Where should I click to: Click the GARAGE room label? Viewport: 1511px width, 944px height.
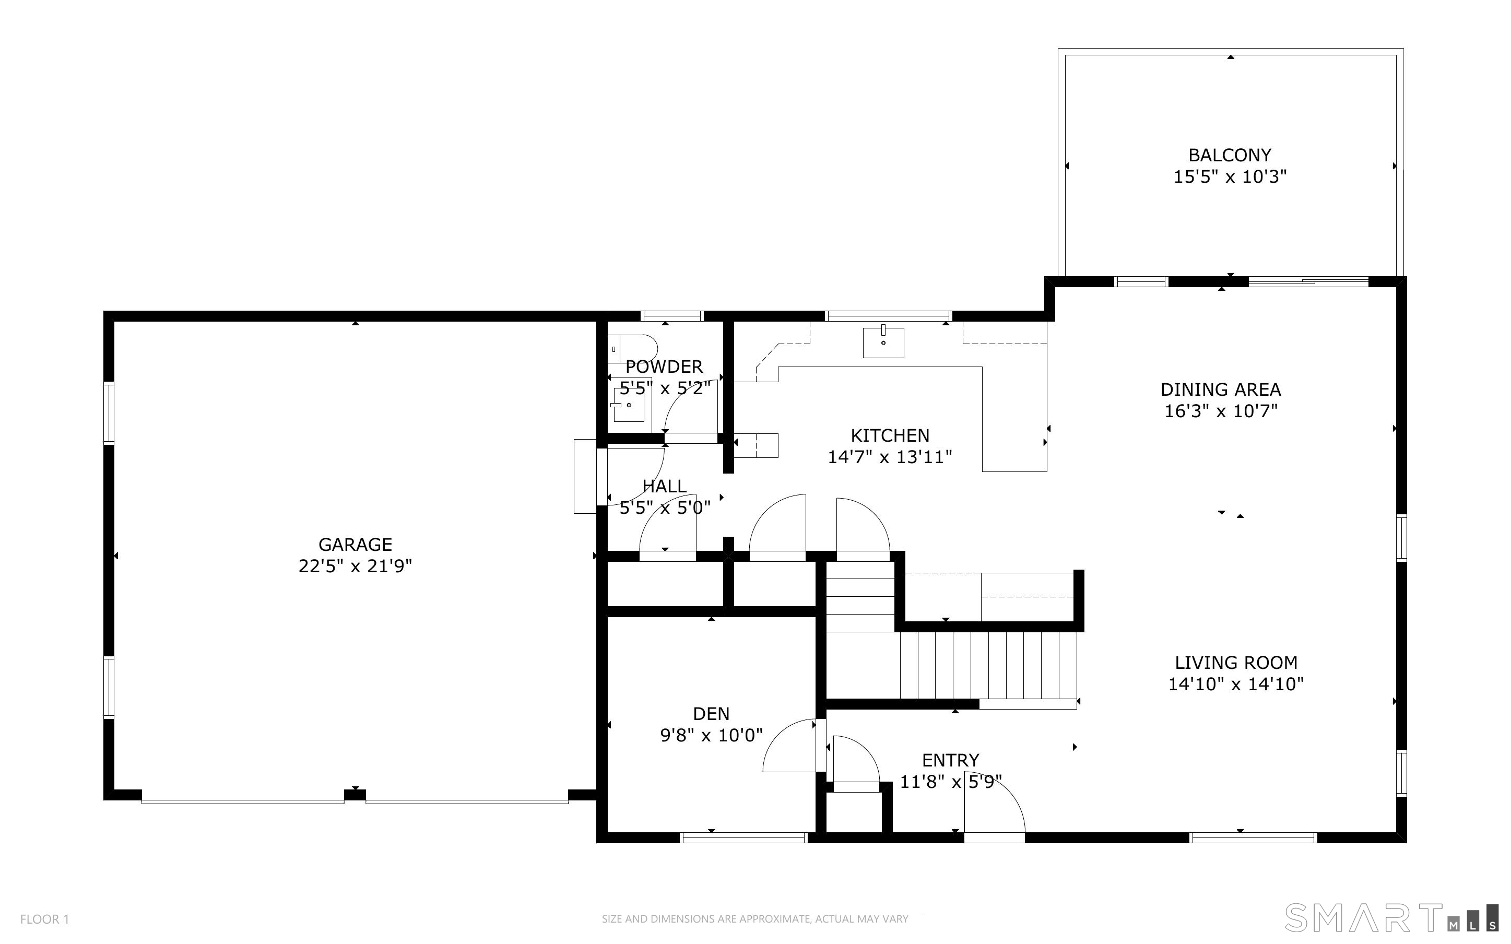point(355,545)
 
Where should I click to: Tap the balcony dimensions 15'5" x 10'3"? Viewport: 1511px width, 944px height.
point(1230,176)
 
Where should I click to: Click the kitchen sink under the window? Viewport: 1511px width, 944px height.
point(883,342)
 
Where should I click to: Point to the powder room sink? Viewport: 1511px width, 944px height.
point(628,405)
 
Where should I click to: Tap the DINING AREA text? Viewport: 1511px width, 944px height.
point(1220,390)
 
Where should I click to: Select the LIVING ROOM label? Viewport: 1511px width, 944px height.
point(1236,663)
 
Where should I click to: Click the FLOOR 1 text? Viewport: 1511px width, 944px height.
point(45,919)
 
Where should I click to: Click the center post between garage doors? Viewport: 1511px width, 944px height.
point(355,795)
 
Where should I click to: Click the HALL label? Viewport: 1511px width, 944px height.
point(664,486)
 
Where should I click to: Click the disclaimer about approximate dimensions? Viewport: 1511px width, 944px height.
point(754,919)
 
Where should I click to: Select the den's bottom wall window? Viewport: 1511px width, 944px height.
point(743,838)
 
